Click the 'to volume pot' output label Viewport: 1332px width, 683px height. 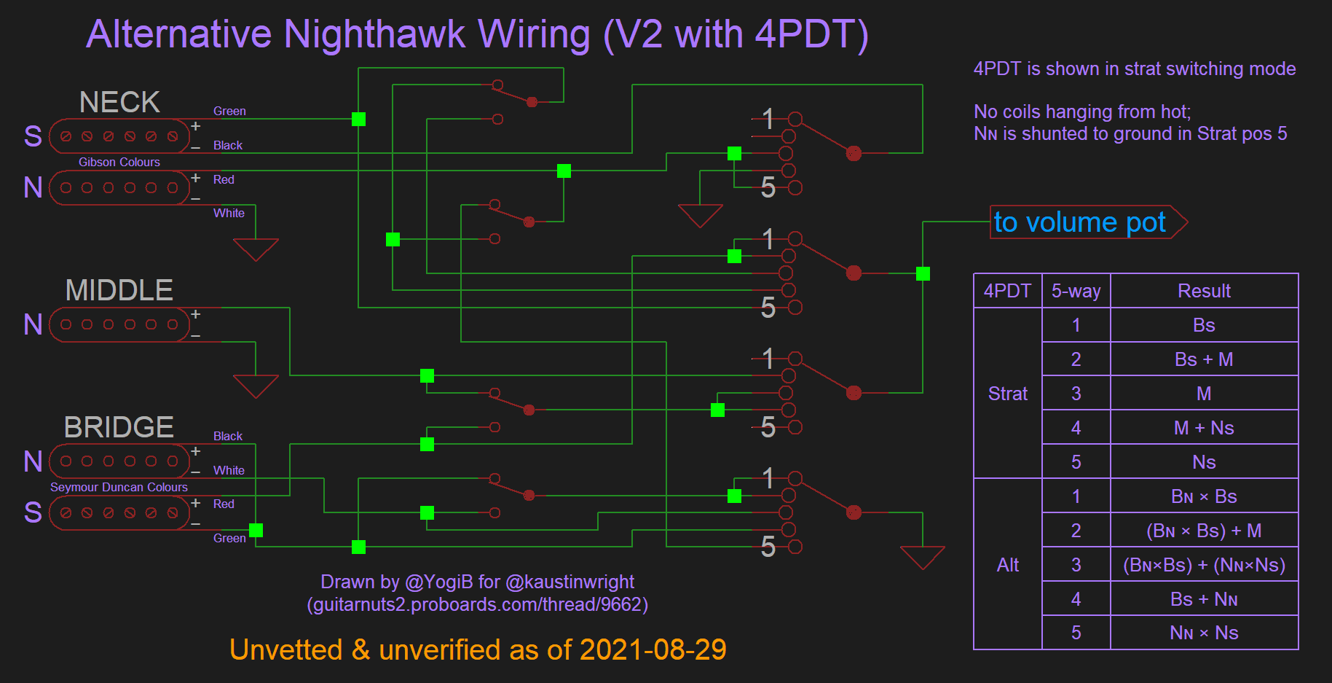point(1080,222)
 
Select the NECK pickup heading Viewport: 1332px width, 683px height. point(119,102)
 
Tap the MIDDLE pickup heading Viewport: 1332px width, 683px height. point(119,290)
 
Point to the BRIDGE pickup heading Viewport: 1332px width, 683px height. point(119,427)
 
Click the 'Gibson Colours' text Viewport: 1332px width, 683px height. point(119,162)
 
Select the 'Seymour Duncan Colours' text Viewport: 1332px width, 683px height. point(119,487)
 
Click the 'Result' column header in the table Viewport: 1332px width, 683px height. point(1204,291)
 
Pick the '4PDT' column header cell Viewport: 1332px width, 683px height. point(1007,291)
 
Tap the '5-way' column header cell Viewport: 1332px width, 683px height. point(1076,291)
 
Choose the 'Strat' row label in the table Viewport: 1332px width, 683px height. point(1007,394)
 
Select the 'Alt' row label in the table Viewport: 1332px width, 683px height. point(1007,565)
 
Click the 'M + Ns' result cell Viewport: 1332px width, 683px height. point(1204,428)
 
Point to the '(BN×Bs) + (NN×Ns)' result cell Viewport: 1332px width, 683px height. point(1204,565)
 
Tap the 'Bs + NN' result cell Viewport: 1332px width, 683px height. point(1204,599)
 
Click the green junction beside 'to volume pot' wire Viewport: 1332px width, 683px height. point(923,273)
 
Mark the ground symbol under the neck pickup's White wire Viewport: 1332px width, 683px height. point(256,249)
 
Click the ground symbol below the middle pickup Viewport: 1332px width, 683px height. point(256,385)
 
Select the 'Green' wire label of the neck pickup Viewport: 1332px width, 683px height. point(229,111)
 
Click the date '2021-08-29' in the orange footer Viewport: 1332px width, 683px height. point(653,649)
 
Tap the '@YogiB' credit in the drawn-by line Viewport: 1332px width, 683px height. point(438,582)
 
